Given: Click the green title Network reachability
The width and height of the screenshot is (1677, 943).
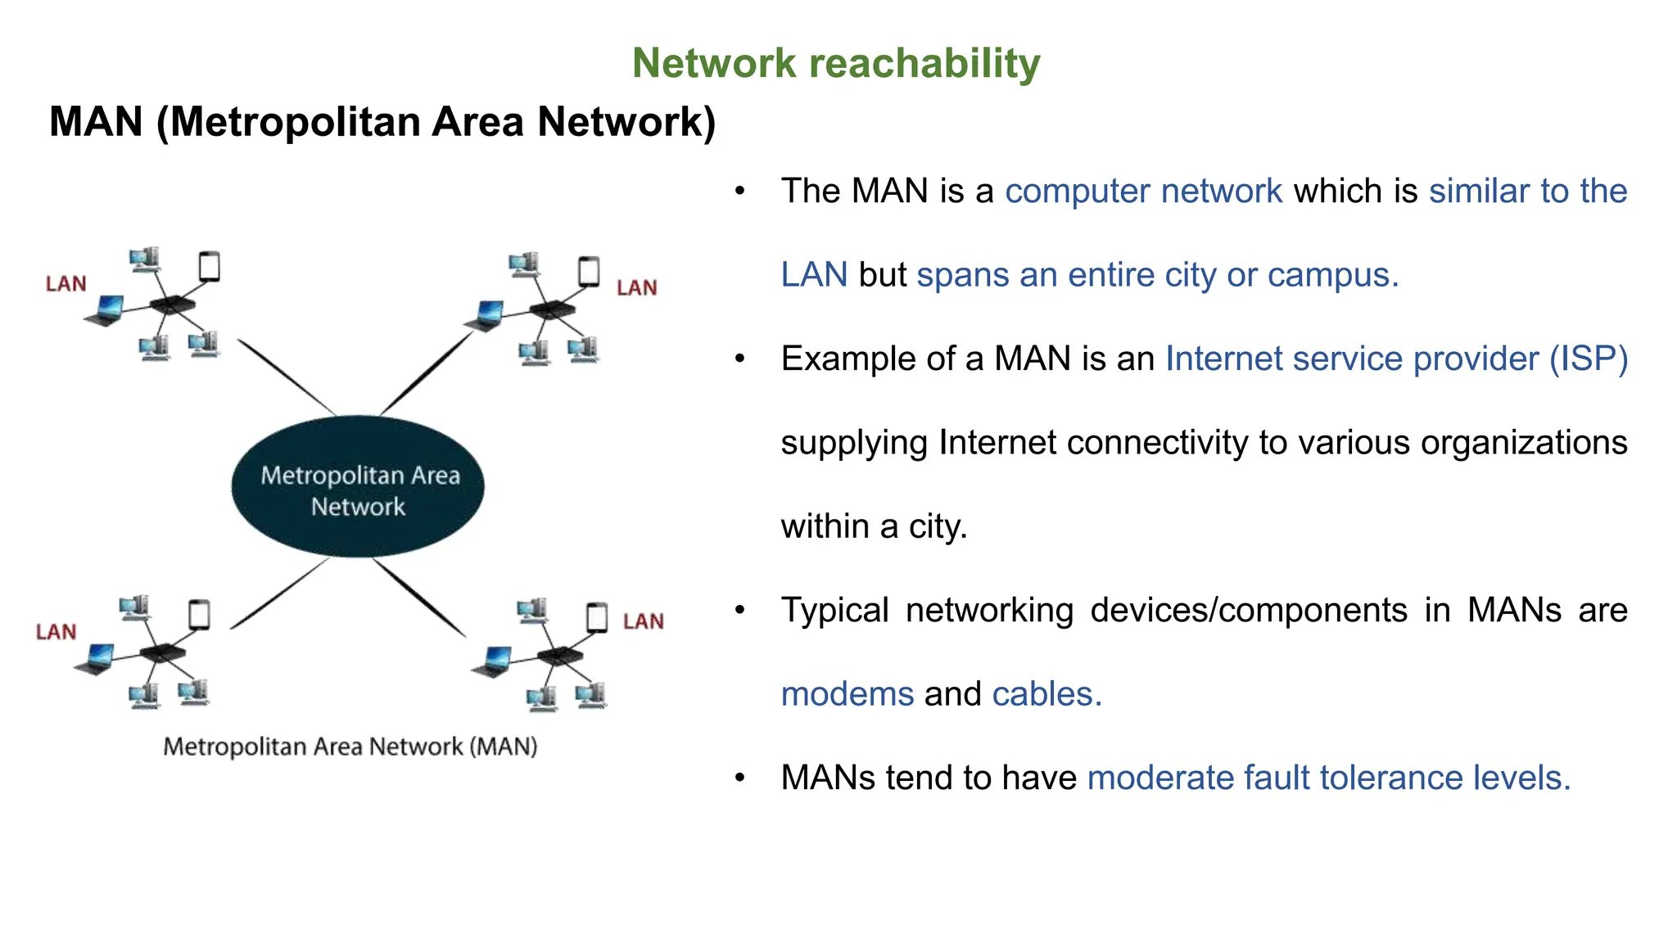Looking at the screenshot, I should (x=835, y=63).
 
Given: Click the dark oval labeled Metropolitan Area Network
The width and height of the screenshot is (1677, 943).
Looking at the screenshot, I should (x=358, y=488).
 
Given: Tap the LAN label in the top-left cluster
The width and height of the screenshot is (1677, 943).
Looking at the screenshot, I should (x=66, y=284).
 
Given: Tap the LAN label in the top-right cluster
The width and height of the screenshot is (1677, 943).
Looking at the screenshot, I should (x=636, y=288).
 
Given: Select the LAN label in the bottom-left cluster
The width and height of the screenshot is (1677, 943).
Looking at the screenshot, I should (x=56, y=632).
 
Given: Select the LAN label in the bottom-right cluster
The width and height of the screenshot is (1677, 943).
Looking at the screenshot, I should (x=643, y=621).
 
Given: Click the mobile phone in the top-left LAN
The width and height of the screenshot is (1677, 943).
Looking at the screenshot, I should (x=210, y=267).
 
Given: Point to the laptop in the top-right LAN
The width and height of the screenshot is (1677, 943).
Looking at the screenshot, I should (x=487, y=315).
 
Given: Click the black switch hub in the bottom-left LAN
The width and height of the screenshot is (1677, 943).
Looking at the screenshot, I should (x=162, y=652).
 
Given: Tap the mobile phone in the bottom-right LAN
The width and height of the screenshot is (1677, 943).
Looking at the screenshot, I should (x=597, y=617).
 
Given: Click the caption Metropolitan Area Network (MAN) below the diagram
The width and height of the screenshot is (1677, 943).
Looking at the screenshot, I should (x=350, y=747).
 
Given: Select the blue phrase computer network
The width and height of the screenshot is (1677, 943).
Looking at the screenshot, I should (x=1143, y=192).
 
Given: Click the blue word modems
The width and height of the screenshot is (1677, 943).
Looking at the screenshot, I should (x=847, y=694).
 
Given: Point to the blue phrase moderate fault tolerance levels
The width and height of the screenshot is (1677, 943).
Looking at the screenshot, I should (x=1328, y=778).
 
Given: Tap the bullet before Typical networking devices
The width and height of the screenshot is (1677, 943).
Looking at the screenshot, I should (x=740, y=610).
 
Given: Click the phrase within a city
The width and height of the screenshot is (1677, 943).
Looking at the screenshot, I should (x=874, y=526).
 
